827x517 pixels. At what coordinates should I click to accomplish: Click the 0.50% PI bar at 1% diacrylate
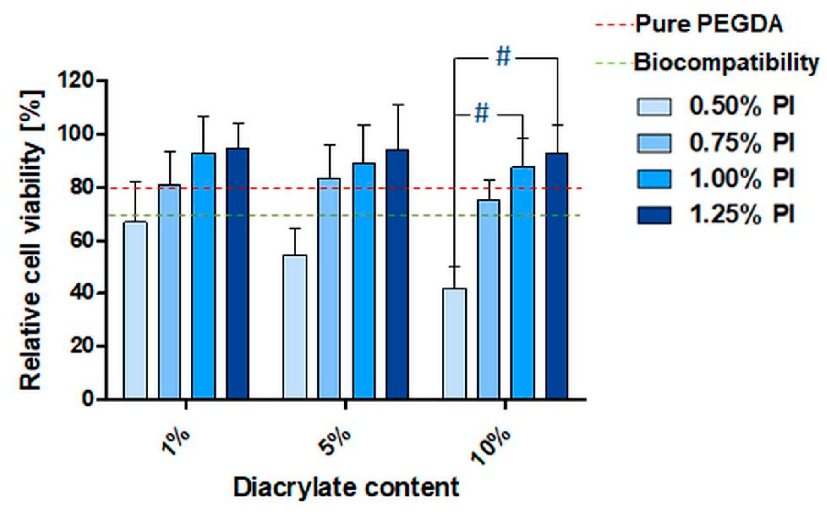click(135, 310)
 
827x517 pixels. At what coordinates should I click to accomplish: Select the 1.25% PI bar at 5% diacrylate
click(397, 275)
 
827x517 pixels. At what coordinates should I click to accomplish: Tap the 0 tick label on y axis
click(88, 399)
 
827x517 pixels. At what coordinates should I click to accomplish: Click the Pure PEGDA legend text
click(709, 25)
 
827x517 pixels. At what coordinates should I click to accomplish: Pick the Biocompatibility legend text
click(726, 63)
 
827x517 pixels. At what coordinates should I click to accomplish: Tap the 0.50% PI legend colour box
click(654, 107)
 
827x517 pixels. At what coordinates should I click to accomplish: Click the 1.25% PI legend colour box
click(654, 215)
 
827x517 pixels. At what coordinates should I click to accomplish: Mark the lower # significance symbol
click(482, 114)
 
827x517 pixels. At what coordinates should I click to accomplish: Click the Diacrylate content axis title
click(346, 488)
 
